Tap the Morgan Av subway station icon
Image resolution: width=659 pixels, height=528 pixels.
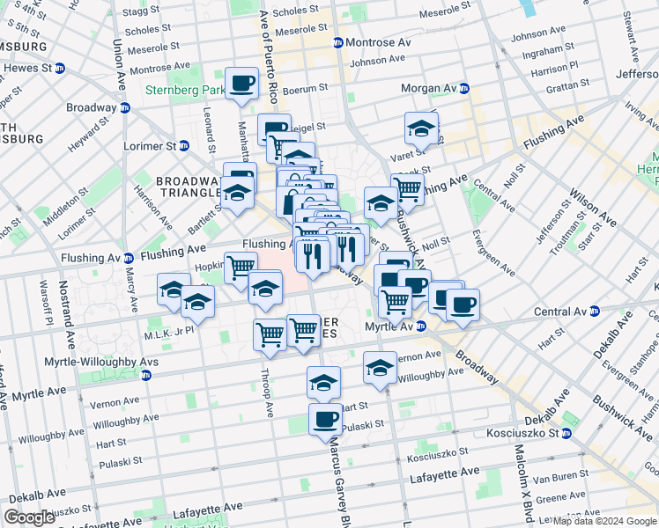click(463, 89)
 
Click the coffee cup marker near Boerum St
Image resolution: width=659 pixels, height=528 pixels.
click(241, 84)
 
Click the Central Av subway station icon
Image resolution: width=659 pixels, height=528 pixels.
click(594, 312)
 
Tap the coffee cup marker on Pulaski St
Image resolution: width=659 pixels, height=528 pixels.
click(326, 419)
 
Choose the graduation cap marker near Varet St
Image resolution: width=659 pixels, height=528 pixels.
click(421, 128)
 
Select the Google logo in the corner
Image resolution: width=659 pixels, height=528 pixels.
click(29, 517)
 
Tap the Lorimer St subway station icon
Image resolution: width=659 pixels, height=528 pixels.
click(184, 145)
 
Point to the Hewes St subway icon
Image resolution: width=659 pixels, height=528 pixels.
click(60, 68)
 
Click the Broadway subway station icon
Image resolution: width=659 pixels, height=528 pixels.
click(124, 107)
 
